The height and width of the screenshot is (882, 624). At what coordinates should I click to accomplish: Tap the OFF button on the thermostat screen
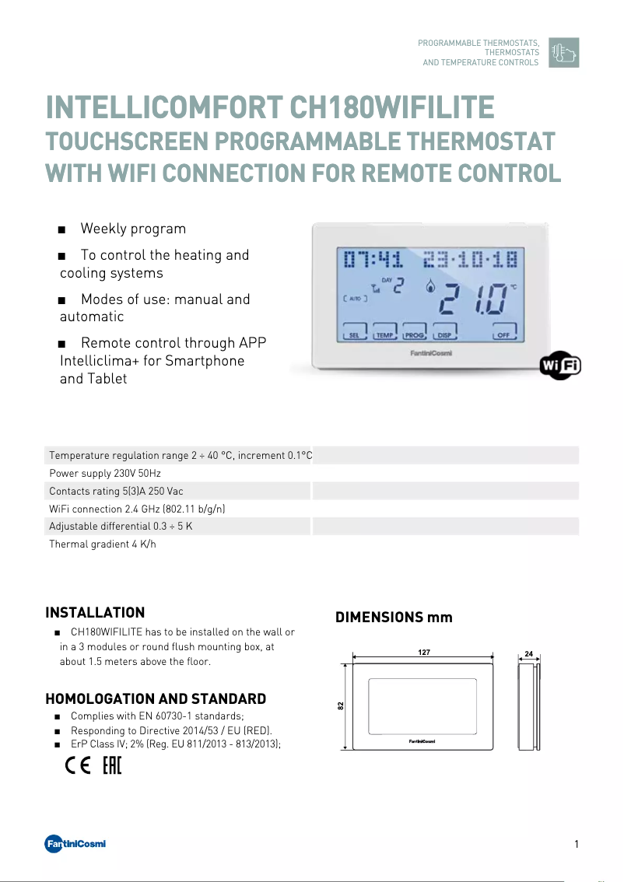point(504,334)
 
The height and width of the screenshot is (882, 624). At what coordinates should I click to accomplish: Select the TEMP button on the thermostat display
point(384,334)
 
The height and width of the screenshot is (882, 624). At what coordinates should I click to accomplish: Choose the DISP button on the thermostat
point(444,334)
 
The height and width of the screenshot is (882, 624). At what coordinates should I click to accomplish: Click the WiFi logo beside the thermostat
point(561,366)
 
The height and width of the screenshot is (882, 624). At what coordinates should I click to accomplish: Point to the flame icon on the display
point(429,286)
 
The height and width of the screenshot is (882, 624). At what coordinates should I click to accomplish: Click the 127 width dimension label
point(424,653)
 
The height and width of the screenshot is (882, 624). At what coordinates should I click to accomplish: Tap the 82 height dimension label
point(341,705)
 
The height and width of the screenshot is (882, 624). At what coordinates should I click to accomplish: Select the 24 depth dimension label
point(529,653)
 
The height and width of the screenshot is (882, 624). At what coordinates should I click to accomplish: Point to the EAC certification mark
point(112,766)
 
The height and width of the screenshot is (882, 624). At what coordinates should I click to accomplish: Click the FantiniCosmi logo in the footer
point(75,844)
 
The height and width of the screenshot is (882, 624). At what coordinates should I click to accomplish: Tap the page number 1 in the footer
point(576,845)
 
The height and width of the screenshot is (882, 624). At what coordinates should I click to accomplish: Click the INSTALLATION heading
point(95,613)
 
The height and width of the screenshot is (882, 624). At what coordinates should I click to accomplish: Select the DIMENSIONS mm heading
point(394,618)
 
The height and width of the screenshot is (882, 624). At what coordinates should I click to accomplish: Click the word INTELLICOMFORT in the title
point(164,107)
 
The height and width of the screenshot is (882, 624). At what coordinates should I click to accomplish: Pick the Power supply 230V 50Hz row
point(105,473)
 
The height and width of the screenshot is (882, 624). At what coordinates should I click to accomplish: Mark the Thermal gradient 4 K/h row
point(103,544)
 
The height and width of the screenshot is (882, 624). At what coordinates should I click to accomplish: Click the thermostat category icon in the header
point(563,52)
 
